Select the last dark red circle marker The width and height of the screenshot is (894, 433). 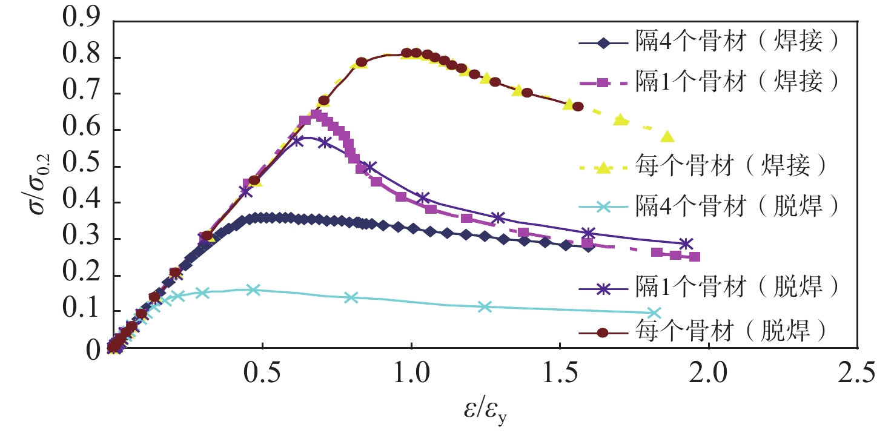578,107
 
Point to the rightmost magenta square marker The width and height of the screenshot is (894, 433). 695,257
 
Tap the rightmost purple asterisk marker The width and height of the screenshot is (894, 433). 686,243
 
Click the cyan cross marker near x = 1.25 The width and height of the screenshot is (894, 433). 484,306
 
